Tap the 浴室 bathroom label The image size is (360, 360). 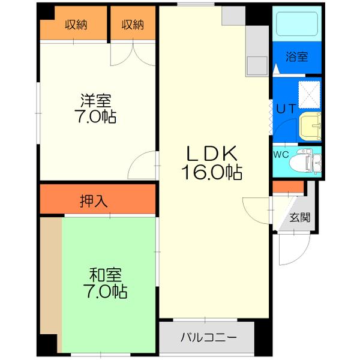tap(296, 58)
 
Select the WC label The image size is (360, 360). tap(280, 154)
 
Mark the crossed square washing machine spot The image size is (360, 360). tap(310, 94)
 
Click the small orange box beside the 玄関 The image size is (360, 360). tap(279, 187)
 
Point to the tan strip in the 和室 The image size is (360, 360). tap(50, 284)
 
